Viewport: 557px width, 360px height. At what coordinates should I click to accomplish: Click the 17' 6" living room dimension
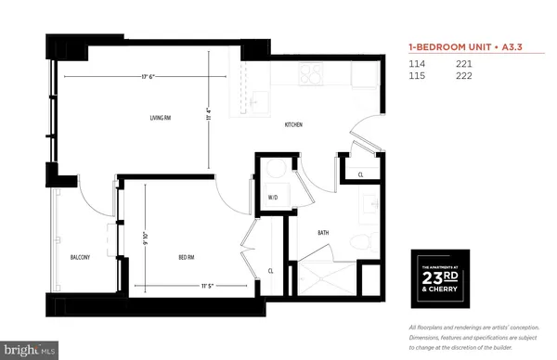coord(141,75)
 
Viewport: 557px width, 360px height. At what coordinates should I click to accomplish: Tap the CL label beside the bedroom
coord(271,271)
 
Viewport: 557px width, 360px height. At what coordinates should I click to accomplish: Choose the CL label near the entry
coord(360,174)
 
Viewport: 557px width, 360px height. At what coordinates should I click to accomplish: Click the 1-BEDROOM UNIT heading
coord(450,45)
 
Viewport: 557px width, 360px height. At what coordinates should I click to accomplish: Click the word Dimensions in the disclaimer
coord(427,338)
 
